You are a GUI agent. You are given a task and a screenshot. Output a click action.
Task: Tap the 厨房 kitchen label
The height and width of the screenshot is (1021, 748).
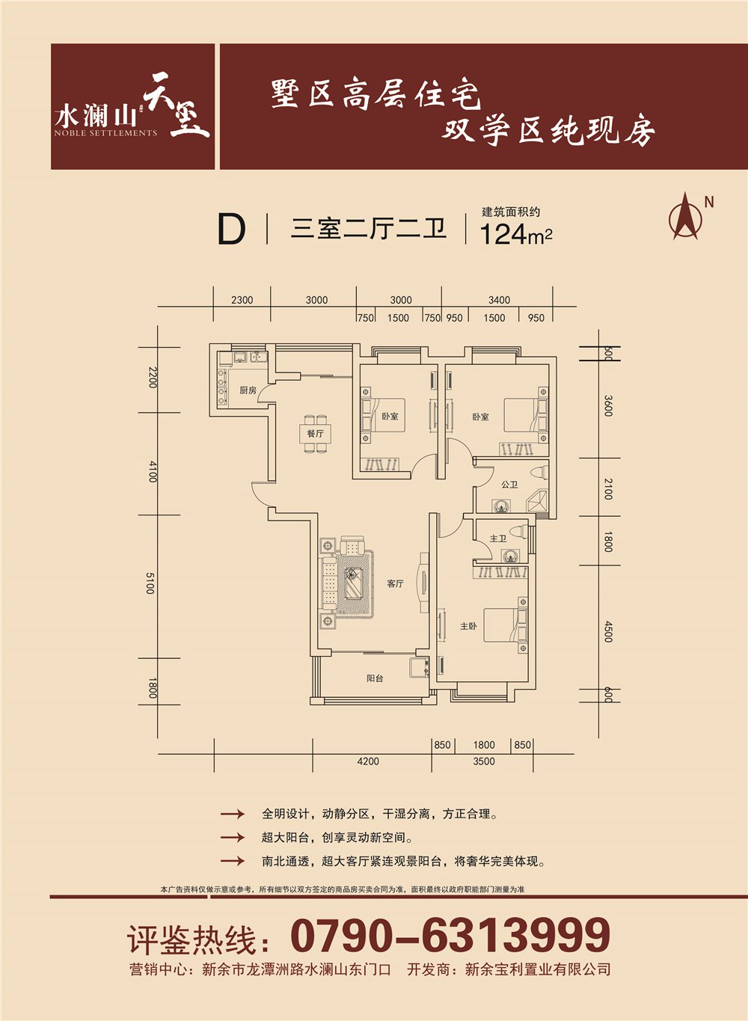[248, 390]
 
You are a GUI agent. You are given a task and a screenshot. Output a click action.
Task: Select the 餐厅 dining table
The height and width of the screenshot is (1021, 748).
[315, 434]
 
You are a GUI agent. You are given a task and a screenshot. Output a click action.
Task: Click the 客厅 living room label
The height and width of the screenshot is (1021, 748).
[395, 583]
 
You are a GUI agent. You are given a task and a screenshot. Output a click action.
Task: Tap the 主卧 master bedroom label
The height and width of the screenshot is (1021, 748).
[468, 626]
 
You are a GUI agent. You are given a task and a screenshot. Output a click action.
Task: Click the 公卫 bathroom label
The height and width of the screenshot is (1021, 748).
[509, 485]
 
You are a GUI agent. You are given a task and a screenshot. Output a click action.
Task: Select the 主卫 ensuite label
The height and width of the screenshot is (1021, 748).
[498, 539]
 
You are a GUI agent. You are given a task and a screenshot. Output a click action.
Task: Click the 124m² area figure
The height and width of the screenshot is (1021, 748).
[516, 234]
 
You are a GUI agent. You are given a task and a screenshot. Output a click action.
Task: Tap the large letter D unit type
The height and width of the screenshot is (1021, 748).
[232, 230]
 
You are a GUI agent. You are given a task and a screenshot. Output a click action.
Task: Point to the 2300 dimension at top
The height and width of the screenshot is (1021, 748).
[242, 300]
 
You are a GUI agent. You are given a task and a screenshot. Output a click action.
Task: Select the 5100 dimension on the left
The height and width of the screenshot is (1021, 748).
[150, 583]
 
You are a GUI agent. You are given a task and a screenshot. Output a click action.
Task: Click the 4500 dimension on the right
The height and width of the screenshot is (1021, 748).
[608, 631]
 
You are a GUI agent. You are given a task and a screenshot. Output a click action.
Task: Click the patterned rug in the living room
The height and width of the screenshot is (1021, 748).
[354, 583]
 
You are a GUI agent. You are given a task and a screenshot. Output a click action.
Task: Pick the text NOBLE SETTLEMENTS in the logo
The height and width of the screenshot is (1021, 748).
[105, 133]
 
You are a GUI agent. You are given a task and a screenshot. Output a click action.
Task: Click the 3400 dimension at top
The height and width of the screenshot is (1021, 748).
[499, 300]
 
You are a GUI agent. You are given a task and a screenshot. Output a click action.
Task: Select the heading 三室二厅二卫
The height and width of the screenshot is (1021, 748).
[368, 230]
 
